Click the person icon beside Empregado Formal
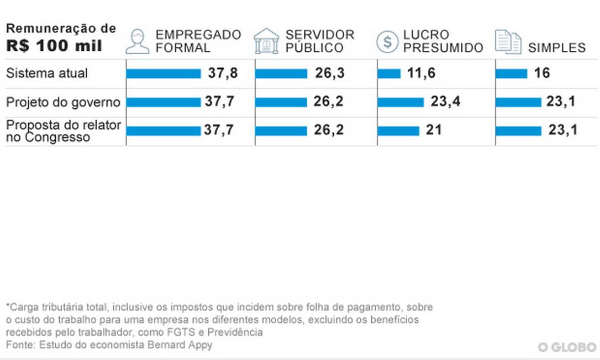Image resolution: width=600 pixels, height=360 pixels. click(x=137, y=41)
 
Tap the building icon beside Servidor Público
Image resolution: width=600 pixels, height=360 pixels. click(x=266, y=41)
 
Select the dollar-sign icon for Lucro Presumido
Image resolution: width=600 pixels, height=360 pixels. click(x=387, y=42)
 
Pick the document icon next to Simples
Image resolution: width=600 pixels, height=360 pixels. click(x=508, y=42)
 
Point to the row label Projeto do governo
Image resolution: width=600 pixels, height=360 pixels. click(x=63, y=102)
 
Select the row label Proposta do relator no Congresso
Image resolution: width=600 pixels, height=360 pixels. click(x=63, y=131)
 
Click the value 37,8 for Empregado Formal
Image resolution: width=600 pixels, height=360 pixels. click(x=223, y=73)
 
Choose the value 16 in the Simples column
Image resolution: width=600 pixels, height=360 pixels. click(x=542, y=73)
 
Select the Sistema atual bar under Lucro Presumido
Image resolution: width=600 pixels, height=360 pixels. click(x=389, y=73)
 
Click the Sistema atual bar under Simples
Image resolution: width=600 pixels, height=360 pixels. click(x=512, y=73)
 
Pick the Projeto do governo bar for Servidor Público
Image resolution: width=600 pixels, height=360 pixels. click(x=281, y=102)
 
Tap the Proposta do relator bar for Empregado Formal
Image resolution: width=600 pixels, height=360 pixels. click(x=164, y=131)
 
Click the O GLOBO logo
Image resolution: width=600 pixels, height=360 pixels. click(x=567, y=347)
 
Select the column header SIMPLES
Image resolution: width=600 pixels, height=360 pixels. click(x=556, y=47)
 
